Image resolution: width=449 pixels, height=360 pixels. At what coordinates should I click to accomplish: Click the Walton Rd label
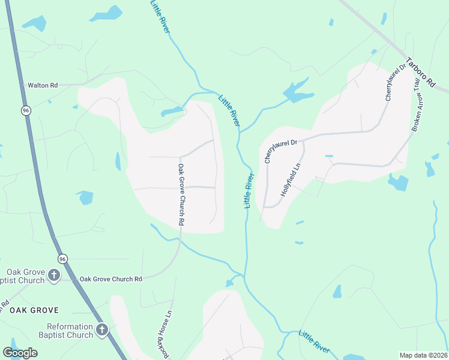(43, 85)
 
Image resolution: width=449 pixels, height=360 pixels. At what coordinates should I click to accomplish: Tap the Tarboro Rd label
(419, 73)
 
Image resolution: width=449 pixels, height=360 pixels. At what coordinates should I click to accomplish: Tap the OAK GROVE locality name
(34, 310)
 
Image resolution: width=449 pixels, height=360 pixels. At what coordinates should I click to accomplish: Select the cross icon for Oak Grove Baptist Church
(54, 275)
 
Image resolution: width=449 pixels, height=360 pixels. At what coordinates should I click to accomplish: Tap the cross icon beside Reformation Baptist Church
(102, 329)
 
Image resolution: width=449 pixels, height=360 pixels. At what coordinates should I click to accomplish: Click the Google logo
(20, 353)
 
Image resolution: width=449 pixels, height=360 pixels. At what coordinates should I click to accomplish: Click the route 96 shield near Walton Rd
(25, 110)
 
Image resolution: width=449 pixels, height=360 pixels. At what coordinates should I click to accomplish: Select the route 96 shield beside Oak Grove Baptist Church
(62, 258)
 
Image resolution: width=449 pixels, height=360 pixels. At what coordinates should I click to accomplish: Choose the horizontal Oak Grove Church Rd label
(110, 279)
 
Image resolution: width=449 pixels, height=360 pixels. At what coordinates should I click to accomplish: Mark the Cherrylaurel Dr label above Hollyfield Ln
(281, 148)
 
